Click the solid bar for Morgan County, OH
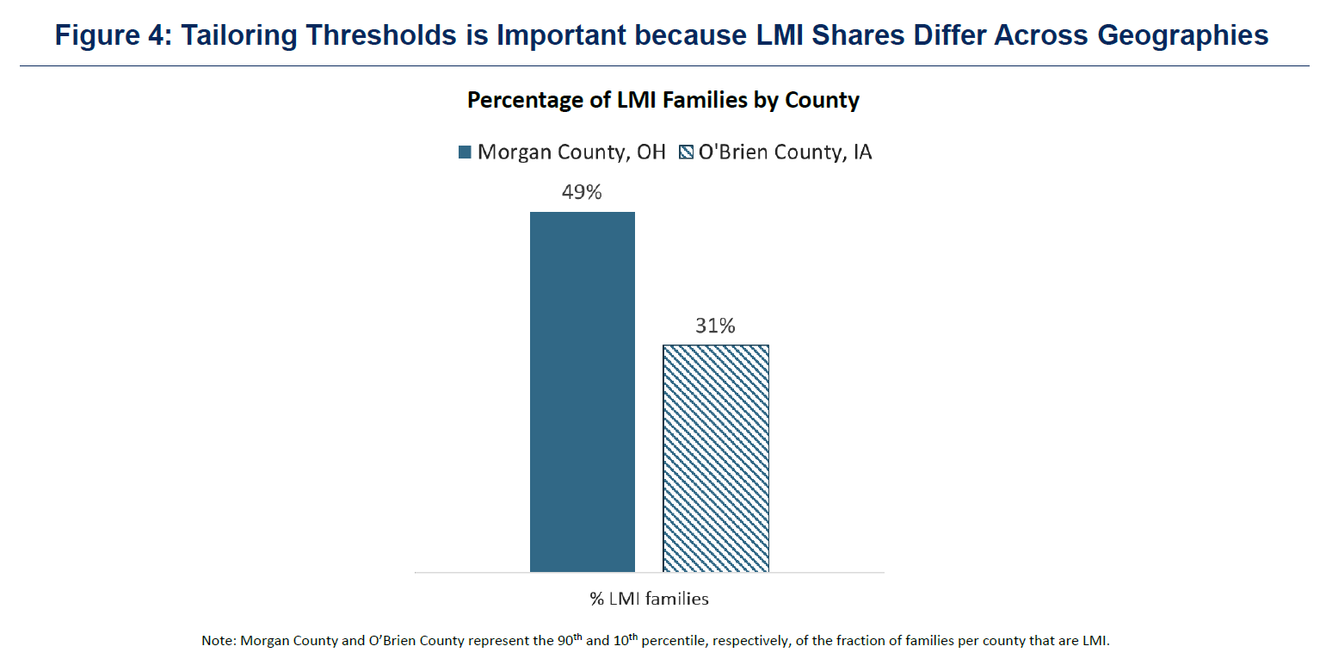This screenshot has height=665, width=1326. tap(583, 392)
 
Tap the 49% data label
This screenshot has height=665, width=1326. tap(582, 193)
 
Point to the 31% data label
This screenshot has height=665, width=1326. tap(716, 326)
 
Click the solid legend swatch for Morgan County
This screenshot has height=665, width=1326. tap(466, 152)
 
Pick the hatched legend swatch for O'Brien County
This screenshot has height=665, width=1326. tap(686, 152)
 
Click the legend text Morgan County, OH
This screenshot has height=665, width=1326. tap(571, 152)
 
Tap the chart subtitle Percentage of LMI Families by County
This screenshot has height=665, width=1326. tap(663, 100)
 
